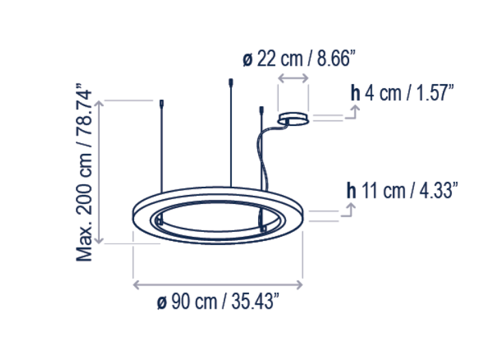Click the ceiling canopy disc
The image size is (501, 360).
(x=293, y=119)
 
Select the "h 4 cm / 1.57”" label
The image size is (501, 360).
(x=402, y=92)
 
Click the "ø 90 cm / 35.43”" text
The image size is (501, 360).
(x=218, y=302)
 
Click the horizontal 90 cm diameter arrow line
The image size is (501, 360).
(x=218, y=283)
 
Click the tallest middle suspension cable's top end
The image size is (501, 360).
(x=230, y=83)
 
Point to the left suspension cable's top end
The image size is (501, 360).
(x=162, y=105)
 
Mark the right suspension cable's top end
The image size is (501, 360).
(x=261, y=110)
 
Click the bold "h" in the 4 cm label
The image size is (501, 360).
(x=355, y=92)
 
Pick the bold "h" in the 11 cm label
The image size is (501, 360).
(x=352, y=190)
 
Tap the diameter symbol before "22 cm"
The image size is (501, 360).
(x=247, y=60)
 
